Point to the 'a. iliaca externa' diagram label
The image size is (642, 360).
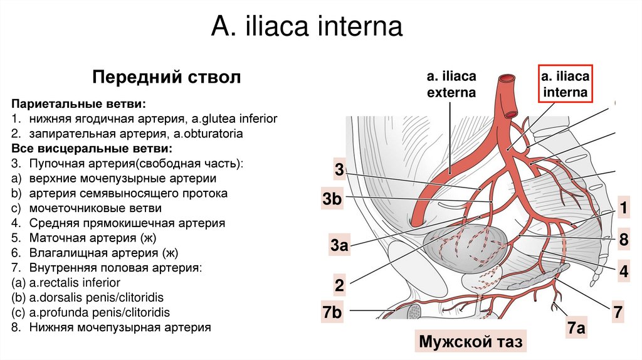click(451, 84)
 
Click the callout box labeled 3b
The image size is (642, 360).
click(332, 200)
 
